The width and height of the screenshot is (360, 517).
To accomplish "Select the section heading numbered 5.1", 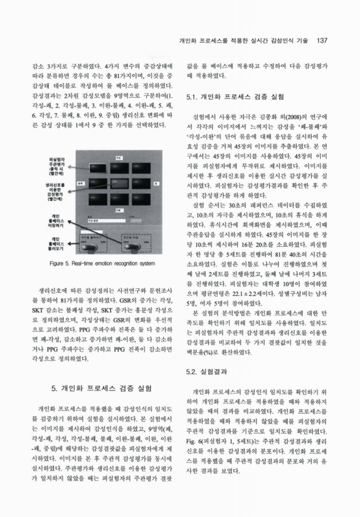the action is (235, 97).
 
